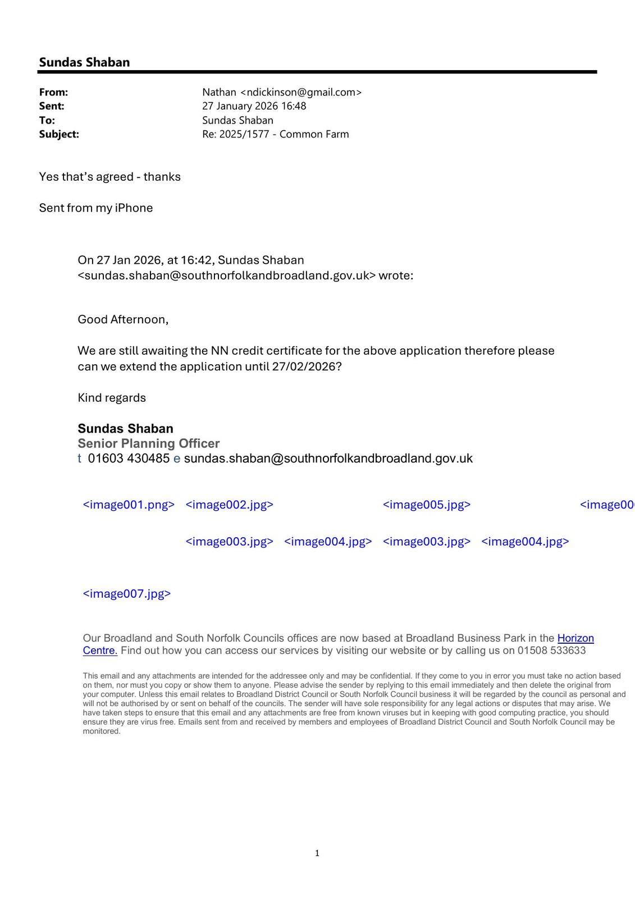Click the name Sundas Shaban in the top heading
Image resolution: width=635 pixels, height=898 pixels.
tap(84, 62)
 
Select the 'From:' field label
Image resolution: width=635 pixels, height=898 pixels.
tap(53, 92)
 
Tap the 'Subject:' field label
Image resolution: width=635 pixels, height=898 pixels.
tap(59, 134)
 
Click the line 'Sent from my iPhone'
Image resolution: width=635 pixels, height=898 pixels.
tap(96, 208)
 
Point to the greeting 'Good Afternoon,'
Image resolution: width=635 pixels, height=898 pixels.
tap(123, 319)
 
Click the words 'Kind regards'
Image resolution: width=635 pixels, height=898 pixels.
tap(112, 398)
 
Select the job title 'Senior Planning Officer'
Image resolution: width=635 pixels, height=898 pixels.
tap(149, 443)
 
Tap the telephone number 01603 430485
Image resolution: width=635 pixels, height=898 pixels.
tap(129, 459)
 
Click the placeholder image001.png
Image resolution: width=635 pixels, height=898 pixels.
tap(129, 505)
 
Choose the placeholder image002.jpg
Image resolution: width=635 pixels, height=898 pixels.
tap(229, 505)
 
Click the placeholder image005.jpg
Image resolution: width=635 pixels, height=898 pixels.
tap(427, 505)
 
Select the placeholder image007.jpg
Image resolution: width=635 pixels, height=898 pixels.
tap(127, 594)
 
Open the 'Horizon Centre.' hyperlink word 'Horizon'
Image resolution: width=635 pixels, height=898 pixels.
tap(575, 638)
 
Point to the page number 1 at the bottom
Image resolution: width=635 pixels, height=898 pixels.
tap(317, 853)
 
